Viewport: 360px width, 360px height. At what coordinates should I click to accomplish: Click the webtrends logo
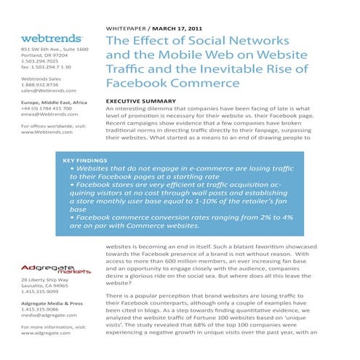51,37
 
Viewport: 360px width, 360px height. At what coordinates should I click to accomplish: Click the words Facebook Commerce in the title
173,86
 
